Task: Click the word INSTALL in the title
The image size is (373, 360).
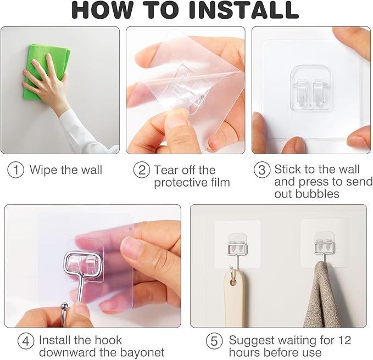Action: point(244,10)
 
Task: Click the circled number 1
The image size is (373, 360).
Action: point(16,170)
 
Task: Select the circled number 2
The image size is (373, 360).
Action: point(142,170)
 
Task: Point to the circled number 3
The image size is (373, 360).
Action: point(262,170)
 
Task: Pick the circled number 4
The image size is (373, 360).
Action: point(26,341)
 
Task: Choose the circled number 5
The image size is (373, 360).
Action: point(214,341)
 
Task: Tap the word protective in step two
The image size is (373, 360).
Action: point(180,183)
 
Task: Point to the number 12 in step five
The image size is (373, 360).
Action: point(344,340)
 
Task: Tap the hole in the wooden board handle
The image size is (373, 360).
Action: point(233,283)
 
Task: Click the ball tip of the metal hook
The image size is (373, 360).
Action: point(64,306)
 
